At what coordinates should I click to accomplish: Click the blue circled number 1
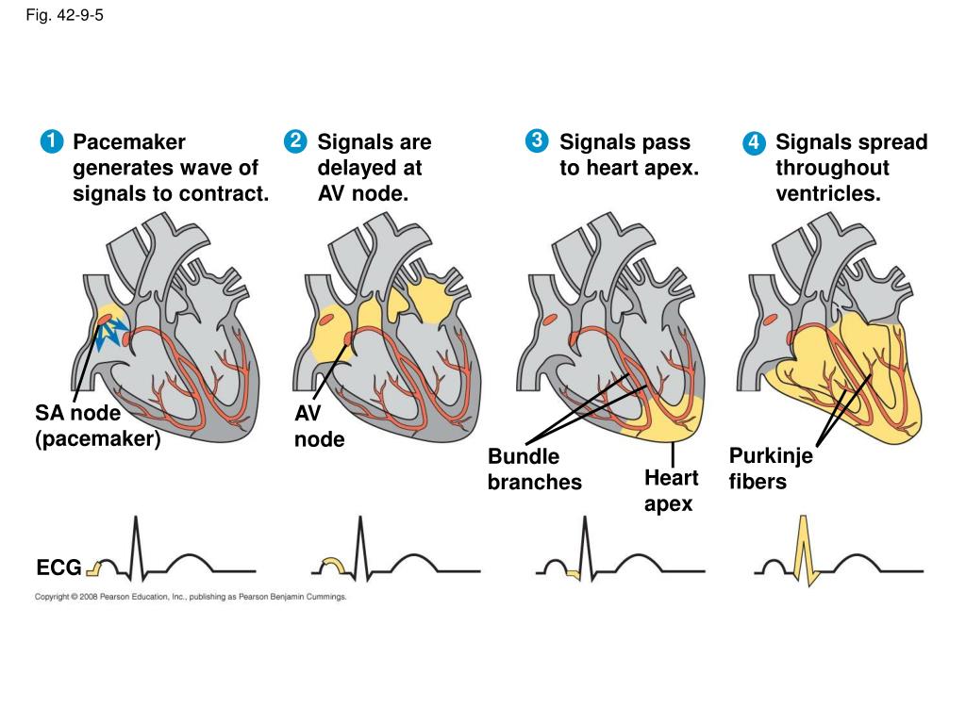[51, 142]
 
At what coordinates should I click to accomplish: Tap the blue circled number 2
[294, 142]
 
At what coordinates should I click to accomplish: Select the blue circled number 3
[536, 141]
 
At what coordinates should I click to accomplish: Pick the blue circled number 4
[753, 143]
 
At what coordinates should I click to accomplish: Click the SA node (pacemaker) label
[98, 426]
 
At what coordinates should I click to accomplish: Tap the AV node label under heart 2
[319, 426]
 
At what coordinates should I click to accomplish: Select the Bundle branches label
[534, 469]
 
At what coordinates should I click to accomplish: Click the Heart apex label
[671, 490]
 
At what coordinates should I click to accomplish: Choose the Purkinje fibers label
[770, 469]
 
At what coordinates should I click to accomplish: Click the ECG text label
[59, 568]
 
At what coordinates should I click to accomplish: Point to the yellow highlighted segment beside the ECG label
[95, 567]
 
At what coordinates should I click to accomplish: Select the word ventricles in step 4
[828, 194]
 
